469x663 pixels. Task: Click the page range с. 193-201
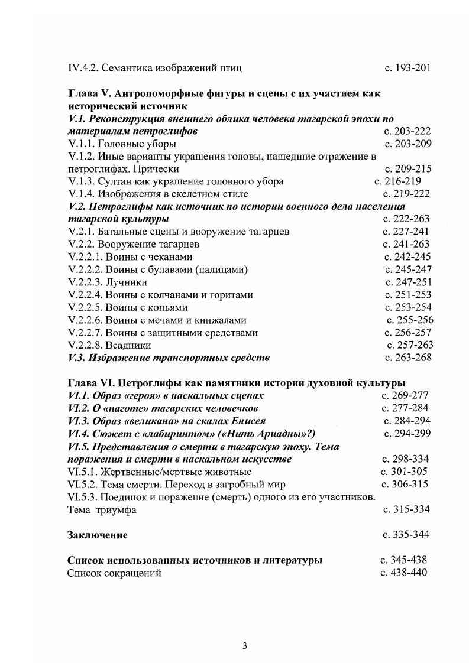pyautogui.click(x=407, y=68)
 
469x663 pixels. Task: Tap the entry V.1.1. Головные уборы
pyautogui.click(x=122, y=144)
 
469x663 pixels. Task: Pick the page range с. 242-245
pyautogui.click(x=407, y=257)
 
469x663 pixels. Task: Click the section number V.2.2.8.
pyautogui.click(x=86, y=345)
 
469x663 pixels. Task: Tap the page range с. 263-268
pyautogui.click(x=407, y=357)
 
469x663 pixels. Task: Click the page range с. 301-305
pyautogui.click(x=404, y=472)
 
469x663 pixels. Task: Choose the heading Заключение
pyautogui.click(x=98, y=535)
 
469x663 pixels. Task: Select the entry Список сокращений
pyautogui.click(x=114, y=573)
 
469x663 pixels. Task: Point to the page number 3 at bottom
pyautogui.click(x=245, y=645)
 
